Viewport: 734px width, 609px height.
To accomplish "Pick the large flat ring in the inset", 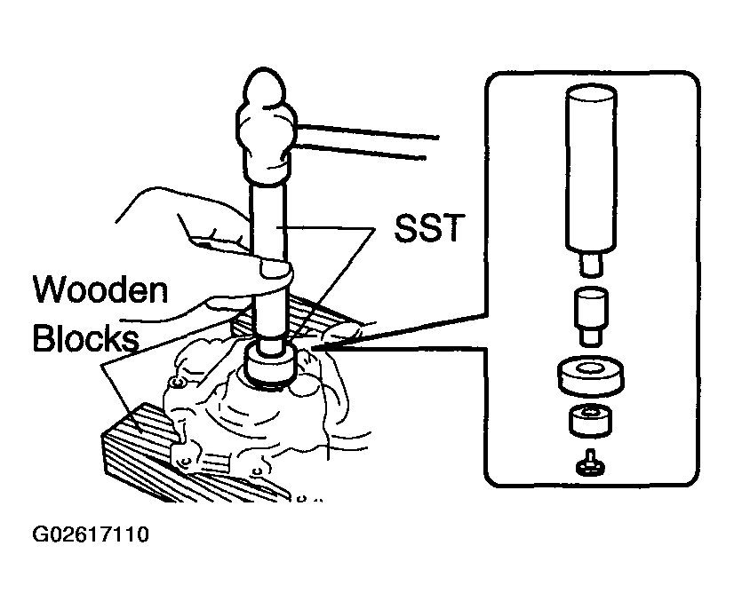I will (592, 376).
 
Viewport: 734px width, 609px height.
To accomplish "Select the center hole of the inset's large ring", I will (592, 367).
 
